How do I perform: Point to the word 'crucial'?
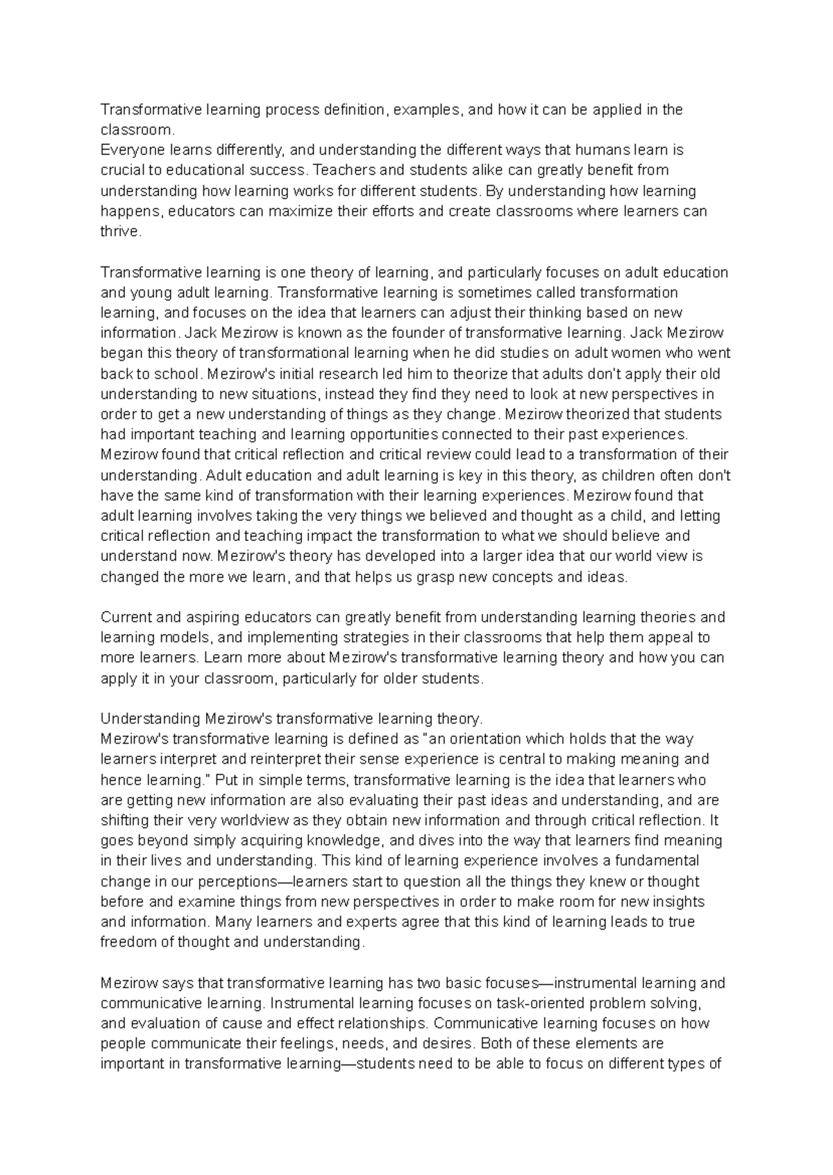coord(121,170)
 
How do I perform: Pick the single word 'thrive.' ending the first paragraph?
coord(121,232)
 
